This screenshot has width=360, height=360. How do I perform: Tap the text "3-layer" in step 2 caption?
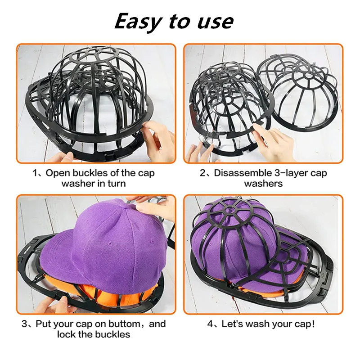click(290, 173)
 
